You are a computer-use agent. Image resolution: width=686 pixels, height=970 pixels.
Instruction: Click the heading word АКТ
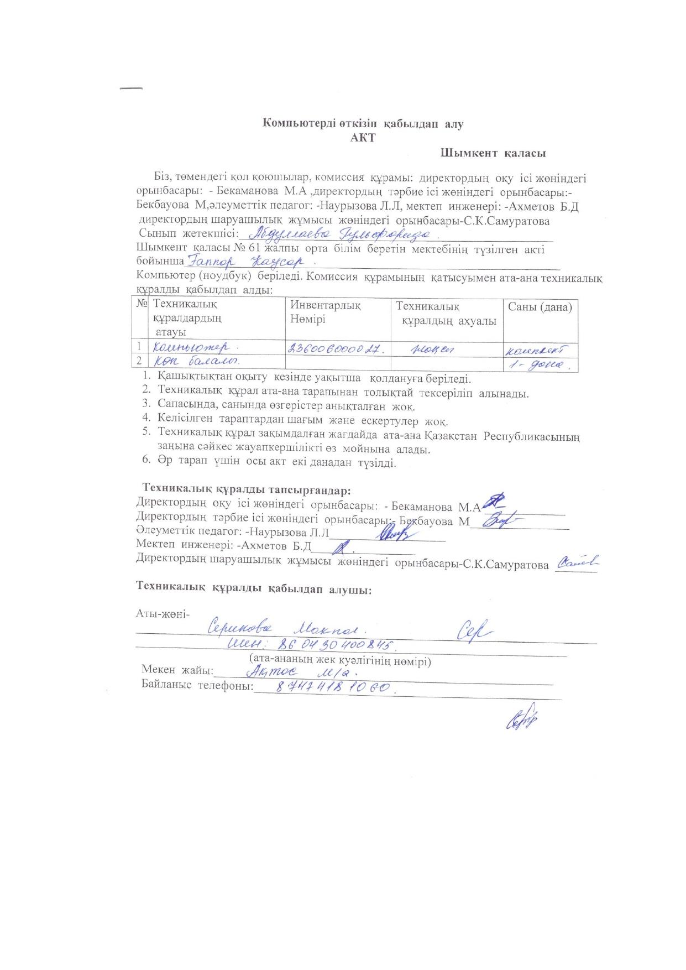click(x=363, y=138)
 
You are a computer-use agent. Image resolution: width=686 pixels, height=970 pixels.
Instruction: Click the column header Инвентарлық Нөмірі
click(x=326, y=313)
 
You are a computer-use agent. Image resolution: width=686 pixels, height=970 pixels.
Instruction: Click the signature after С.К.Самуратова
click(x=577, y=562)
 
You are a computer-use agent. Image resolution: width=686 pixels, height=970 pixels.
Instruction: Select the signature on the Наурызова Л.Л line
click(x=394, y=533)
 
